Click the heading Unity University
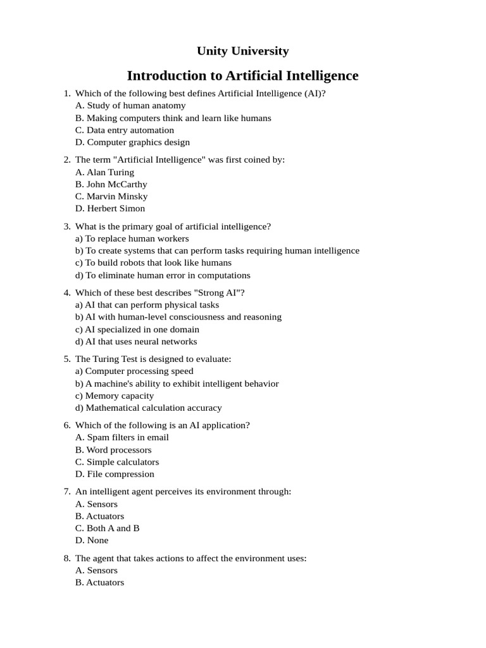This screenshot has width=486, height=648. (242, 51)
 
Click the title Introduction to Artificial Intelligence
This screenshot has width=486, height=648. (242, 76)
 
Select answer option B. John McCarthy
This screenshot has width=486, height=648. (111, 184)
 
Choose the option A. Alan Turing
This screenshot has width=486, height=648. (104, 172)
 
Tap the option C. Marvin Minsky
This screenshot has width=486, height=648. (111, 196)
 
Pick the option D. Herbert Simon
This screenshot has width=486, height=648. (110, 208)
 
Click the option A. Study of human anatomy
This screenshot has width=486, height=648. (130, 106)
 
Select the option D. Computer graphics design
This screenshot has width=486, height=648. (132, 142)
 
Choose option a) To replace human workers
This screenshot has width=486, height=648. (132, 239)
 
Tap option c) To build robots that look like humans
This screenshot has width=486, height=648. (153, 263)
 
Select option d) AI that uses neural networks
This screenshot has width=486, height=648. (136, 342)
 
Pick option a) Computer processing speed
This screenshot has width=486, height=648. (134, 371)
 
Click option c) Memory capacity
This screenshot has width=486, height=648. (115, 396)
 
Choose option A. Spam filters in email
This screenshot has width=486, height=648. (122, 437)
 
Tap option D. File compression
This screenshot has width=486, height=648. (115, 474)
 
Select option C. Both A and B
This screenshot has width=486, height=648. (108, 528)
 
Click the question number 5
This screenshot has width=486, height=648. (67, 359)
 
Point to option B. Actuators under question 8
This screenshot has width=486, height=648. (99, 583)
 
